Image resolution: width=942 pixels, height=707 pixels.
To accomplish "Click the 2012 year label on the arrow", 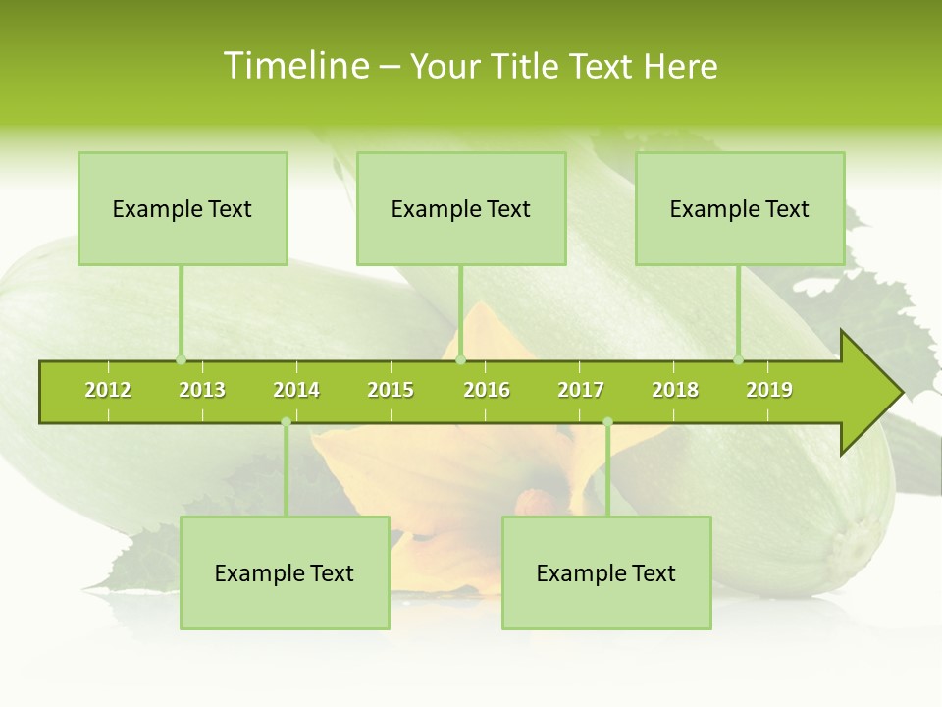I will click(x=108, y=390).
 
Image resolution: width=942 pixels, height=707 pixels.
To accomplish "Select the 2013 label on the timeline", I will click(x=202, y=390).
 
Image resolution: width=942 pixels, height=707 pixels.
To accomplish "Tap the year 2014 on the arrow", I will click(x=296, y=390).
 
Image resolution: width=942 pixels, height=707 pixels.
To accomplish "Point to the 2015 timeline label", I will click(x=391, y=390).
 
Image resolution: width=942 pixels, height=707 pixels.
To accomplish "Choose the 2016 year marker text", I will click(x=487, y=390).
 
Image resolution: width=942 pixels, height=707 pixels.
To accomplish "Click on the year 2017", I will click(x=581, y=390).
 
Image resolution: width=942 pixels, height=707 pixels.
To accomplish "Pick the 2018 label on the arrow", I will click(x=675, y=390).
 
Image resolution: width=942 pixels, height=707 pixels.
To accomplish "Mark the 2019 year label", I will click(x=769, y=390).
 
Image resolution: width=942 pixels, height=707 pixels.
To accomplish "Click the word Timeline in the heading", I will click(x=295, y=66).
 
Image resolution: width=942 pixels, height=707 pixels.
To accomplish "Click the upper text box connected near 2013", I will click(x=183, y=208).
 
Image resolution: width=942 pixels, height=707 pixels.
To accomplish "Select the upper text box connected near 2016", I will click(x=461, y=208).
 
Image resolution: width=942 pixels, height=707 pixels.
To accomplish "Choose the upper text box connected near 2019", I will click(x=740, y=208).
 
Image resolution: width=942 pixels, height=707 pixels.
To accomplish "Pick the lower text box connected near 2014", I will click(x=285, y=572).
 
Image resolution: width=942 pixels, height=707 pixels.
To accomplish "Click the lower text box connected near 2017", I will click(x=606, y=572).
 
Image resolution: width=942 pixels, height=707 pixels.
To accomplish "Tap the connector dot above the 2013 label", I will click(x=181, y=359).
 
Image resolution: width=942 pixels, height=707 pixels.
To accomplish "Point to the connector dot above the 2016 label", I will click(x=460, y=359).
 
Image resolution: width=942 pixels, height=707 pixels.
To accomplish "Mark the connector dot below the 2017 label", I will click(x=607, y=422).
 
